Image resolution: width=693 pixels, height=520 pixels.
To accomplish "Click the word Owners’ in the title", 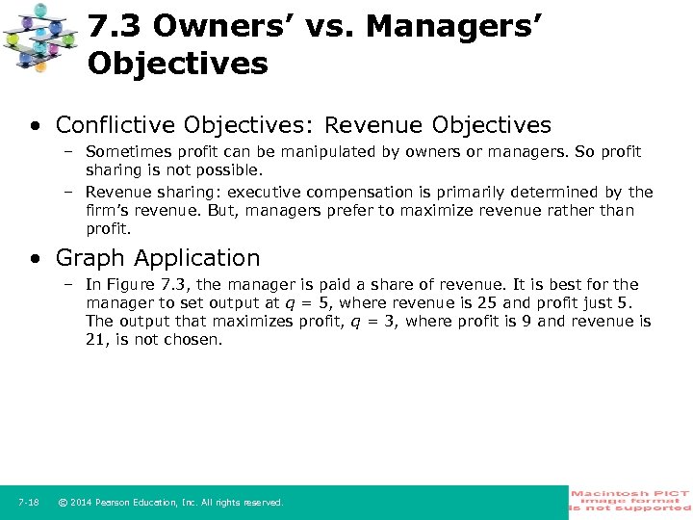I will (x=219, y=27).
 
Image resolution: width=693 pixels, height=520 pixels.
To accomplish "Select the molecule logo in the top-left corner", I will (x=40, y=38).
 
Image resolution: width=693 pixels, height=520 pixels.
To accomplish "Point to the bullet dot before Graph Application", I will (x=36, y=258).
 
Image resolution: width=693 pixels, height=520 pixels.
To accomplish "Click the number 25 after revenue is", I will (x=488, y=303).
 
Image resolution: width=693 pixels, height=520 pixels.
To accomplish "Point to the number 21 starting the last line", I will (x=94, y=340).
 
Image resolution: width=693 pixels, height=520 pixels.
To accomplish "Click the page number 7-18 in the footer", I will (x=28, y=503).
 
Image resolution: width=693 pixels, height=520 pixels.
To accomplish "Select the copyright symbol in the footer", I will (x=63, y=503).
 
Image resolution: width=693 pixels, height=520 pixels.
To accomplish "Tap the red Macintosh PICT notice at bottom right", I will (x=630, y=501).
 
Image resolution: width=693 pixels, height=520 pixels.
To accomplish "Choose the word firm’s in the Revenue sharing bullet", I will (x=109, y=211).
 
